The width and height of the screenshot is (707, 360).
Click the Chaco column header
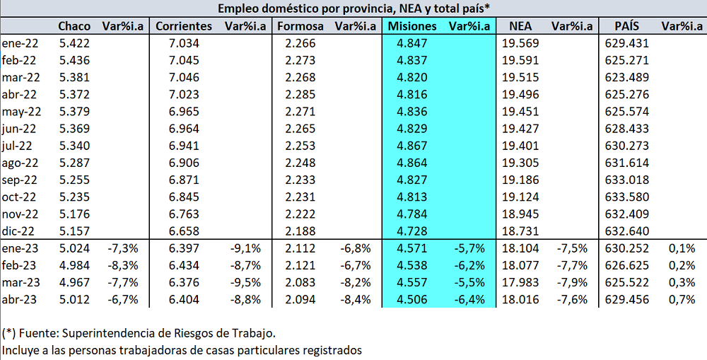point(74,26)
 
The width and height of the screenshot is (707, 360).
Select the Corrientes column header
point(183,26)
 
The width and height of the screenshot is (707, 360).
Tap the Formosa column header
point(300,26)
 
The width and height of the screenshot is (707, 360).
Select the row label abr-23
point(20,298)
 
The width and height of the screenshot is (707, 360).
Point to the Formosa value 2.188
point(300,231)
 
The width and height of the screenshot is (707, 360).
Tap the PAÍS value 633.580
point(627,197)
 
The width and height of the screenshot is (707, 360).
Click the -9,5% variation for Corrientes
point(245,281)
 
